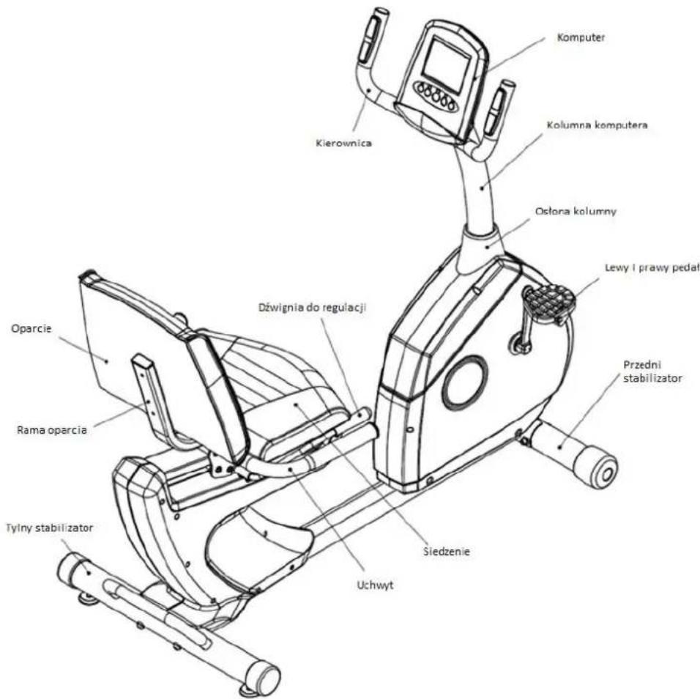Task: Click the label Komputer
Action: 581,37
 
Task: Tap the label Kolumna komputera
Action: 597,125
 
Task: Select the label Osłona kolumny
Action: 576,211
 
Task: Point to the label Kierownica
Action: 343,143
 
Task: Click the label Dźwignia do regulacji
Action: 313,308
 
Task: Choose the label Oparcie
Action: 31,329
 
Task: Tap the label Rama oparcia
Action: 52,430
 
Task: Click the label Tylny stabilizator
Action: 49,528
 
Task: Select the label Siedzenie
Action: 447,551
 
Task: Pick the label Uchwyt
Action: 376,585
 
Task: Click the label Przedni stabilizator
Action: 652,371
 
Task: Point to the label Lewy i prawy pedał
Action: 652,267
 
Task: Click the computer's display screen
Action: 447,60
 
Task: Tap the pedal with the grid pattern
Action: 548,300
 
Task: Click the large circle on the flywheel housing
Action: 465,382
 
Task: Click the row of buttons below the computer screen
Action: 435,96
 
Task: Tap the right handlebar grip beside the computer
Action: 498,108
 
